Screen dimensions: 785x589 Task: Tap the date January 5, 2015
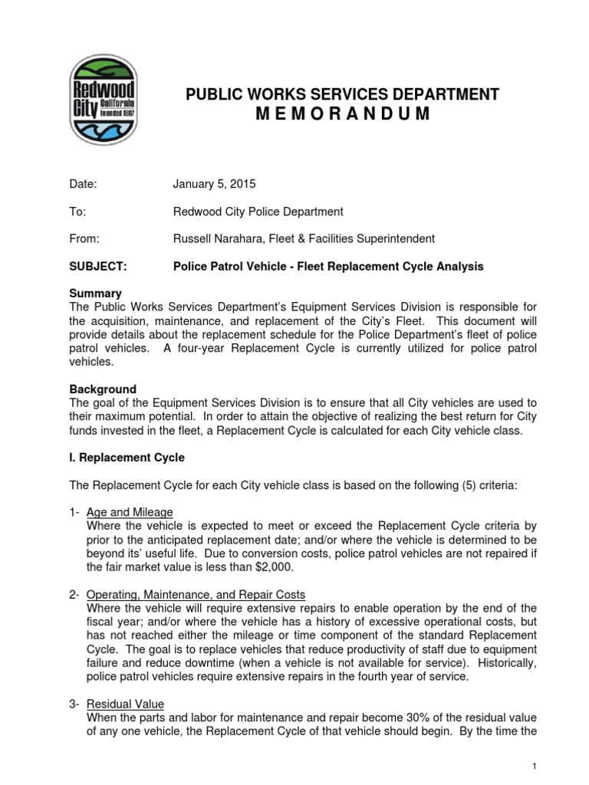(215, 184)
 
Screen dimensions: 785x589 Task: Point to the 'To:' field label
(76, 211)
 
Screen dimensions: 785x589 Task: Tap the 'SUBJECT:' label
(95, 266)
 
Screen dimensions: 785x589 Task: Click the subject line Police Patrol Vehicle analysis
(329, 266)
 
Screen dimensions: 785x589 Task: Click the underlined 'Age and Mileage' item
(130, 512)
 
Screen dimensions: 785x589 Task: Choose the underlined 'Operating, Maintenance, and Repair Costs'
(196, 594)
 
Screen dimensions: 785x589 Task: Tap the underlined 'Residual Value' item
(125, 703)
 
